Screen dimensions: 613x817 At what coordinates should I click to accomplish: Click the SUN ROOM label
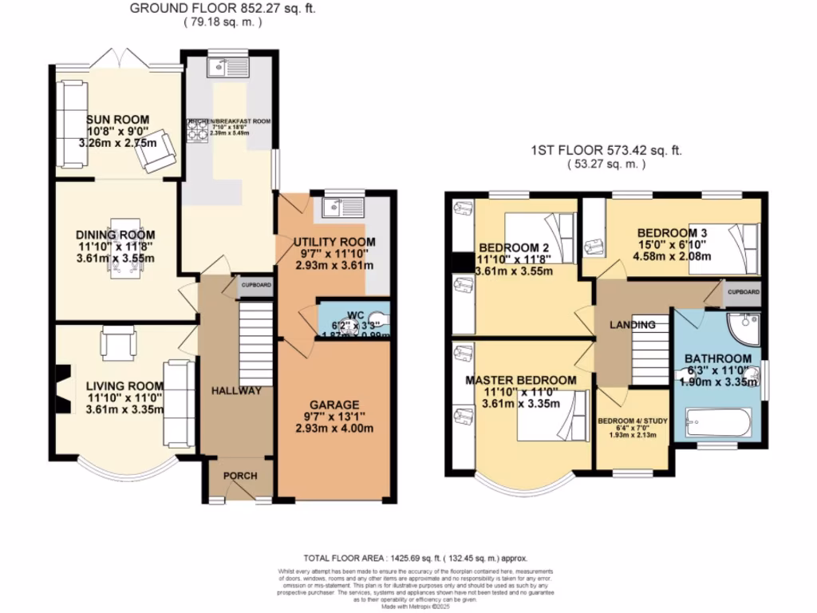pos(117,120)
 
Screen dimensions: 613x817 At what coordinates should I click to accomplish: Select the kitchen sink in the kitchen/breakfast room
pos(227,70)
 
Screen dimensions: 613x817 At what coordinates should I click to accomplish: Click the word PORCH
pos(240,476)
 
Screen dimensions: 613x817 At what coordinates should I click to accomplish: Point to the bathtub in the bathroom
pos(719,423)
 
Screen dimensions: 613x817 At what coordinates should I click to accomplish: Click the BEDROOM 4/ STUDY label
pos(633,421)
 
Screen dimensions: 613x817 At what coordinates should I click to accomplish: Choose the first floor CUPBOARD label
pos(743,292)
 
